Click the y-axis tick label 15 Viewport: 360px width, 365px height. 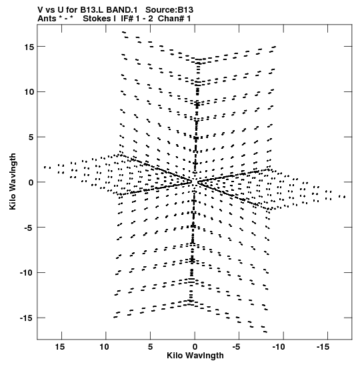pos(29,47)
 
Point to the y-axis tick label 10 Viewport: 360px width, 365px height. pos(29,92)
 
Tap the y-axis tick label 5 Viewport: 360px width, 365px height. pos(31,137)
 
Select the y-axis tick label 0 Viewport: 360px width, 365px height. pos(31,182)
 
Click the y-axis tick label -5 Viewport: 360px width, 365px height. pos(29,228)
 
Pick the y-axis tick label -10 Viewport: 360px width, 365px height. pos(27,273)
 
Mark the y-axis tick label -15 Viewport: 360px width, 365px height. pos(27,318)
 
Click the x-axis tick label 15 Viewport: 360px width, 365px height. pos(60,347)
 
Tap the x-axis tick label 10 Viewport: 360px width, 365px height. pos(104,347)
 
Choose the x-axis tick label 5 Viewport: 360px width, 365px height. pos(150,347)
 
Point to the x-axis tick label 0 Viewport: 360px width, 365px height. pos(195,347)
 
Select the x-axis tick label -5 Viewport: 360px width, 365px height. pos(236,347)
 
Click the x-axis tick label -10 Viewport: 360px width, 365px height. pos(279,347)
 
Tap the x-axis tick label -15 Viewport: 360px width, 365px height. pos(323,347)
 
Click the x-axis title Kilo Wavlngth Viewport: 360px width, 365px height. pos(195,356)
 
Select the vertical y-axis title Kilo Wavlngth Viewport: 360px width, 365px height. pos(13,181)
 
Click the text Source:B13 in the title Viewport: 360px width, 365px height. pos(169,10)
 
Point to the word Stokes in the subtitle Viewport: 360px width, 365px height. pos(99,19)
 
